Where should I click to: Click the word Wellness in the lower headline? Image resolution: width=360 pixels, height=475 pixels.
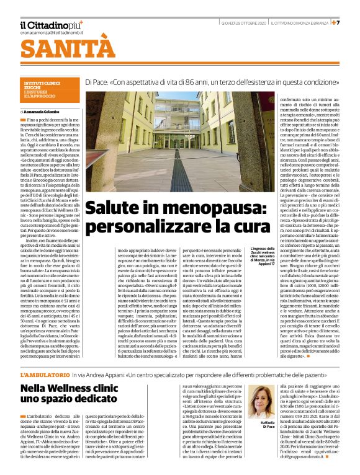pyautogui.click(x=71, y=389)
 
